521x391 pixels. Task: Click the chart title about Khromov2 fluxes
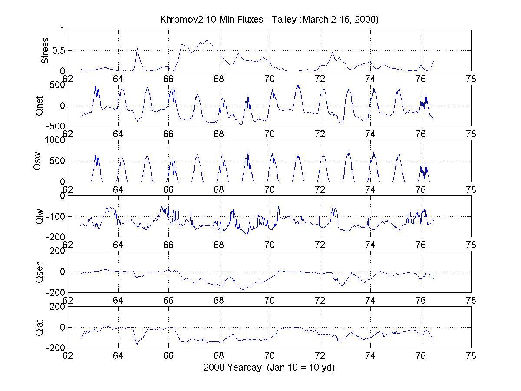pos(269,20)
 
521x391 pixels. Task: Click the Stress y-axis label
pos(45,51)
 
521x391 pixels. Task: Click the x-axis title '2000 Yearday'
pos(269,367)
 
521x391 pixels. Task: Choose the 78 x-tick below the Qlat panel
pos(471,356)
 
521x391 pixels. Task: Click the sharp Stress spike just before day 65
pos(137,48)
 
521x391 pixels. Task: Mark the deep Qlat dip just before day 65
pos(137,345)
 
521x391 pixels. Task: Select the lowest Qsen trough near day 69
pos(243,289)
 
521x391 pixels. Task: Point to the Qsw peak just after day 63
pos(95,155)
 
